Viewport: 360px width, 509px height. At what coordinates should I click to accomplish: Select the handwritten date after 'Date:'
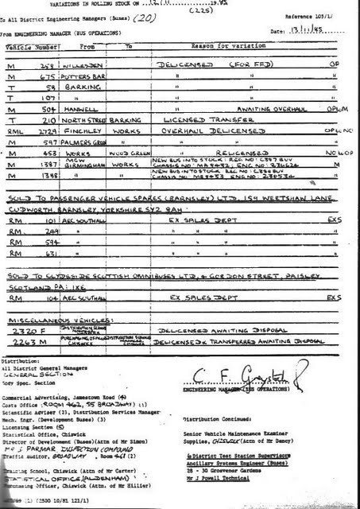tap(320, 31)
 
